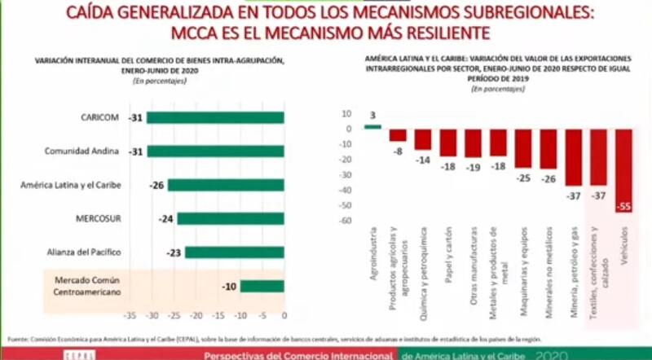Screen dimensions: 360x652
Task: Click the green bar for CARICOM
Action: click(215, 118)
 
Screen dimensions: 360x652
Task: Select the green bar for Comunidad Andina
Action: click(215, 151)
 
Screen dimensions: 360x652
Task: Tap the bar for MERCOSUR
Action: click(231, 218)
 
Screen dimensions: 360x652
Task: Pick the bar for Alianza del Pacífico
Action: click(234, 252)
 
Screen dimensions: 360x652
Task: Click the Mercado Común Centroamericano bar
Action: click(262, 286)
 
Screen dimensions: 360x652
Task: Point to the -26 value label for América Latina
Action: click(156, 186)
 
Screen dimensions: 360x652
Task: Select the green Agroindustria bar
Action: click(372, 126)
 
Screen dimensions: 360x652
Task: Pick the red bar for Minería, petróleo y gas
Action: click(574, 156)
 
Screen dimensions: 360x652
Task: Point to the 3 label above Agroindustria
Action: click(372, 115)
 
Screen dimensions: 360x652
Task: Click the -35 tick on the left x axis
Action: click(129, 314)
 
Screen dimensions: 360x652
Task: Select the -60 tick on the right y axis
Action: click(346, 221)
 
